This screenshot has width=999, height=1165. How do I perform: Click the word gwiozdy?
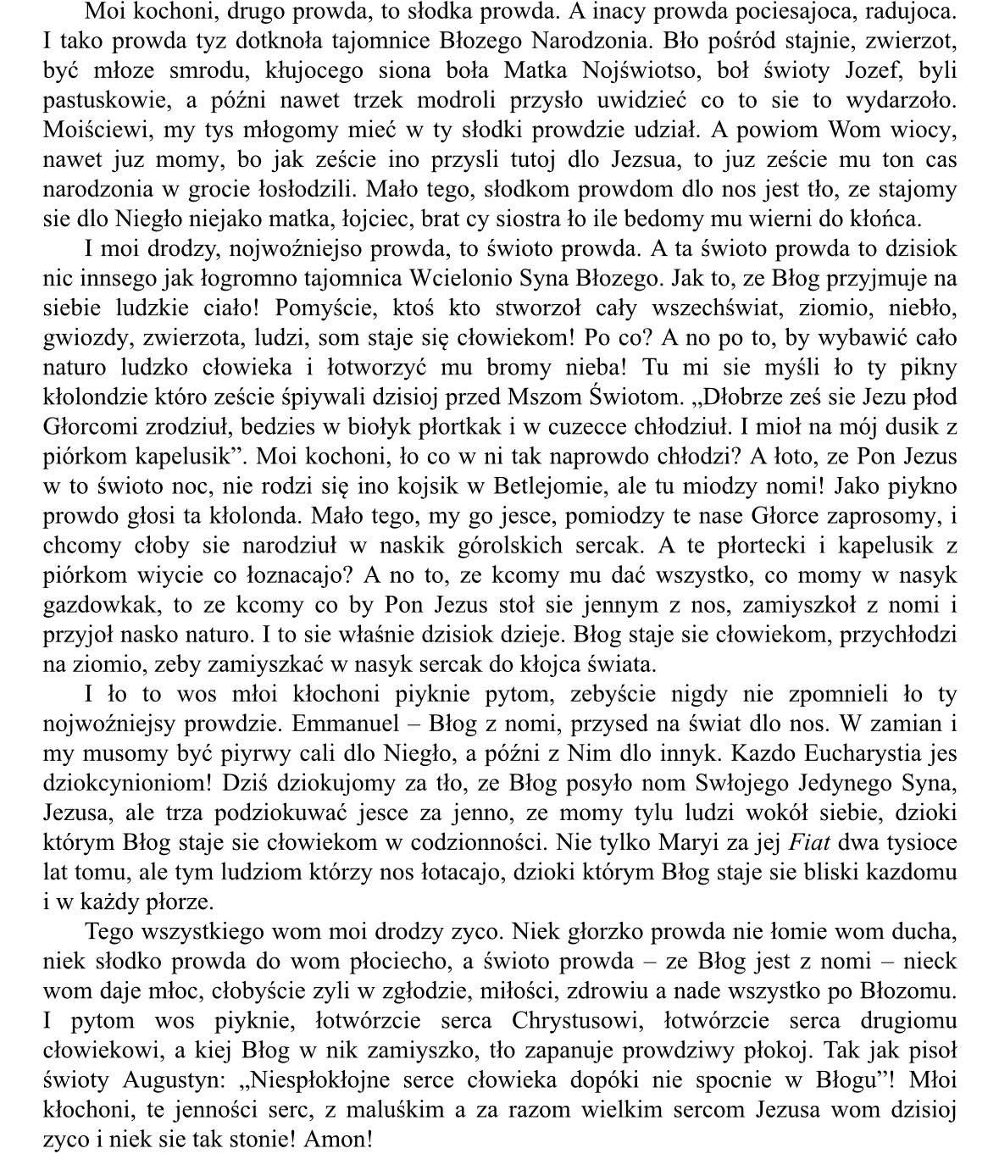pos(83,338)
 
